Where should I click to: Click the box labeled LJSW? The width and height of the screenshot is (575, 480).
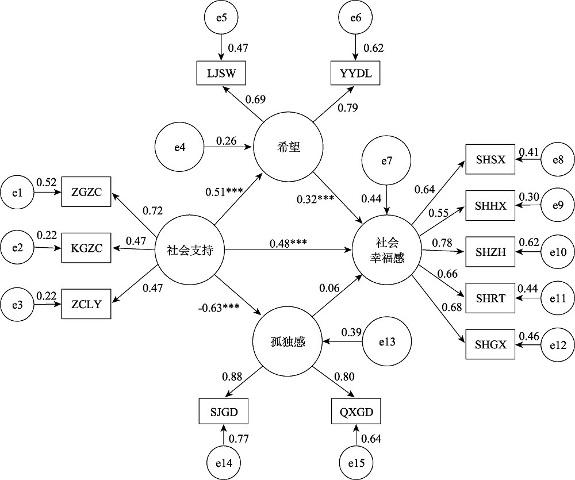221,73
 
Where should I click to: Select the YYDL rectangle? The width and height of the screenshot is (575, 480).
355,73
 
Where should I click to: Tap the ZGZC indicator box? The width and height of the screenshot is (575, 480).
87,191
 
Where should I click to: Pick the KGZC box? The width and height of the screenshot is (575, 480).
87,248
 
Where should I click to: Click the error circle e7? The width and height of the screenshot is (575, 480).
387,161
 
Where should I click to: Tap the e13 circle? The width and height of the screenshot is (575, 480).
387,341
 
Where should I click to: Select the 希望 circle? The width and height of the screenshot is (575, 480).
289,148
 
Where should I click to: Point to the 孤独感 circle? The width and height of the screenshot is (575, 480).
287,343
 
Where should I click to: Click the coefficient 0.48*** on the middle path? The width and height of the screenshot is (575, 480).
288,243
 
